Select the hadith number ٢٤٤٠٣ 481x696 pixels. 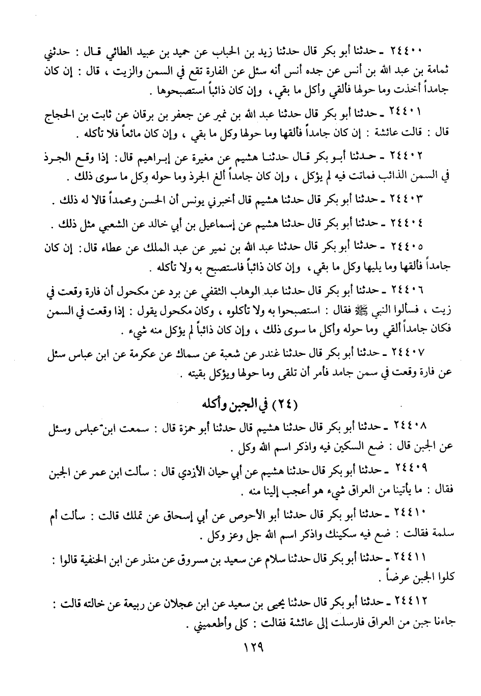pyautogui.click(x=408, y=202)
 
